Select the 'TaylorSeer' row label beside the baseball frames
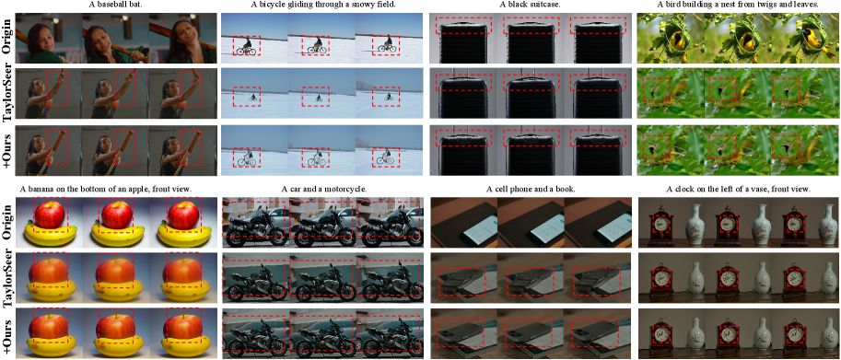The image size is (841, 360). click(x=7, y=94)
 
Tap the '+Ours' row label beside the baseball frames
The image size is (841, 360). click(x=7, y=150)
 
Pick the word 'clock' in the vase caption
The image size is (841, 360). click(x=683, y=189)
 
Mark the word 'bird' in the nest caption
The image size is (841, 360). click(x=662, y=6)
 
